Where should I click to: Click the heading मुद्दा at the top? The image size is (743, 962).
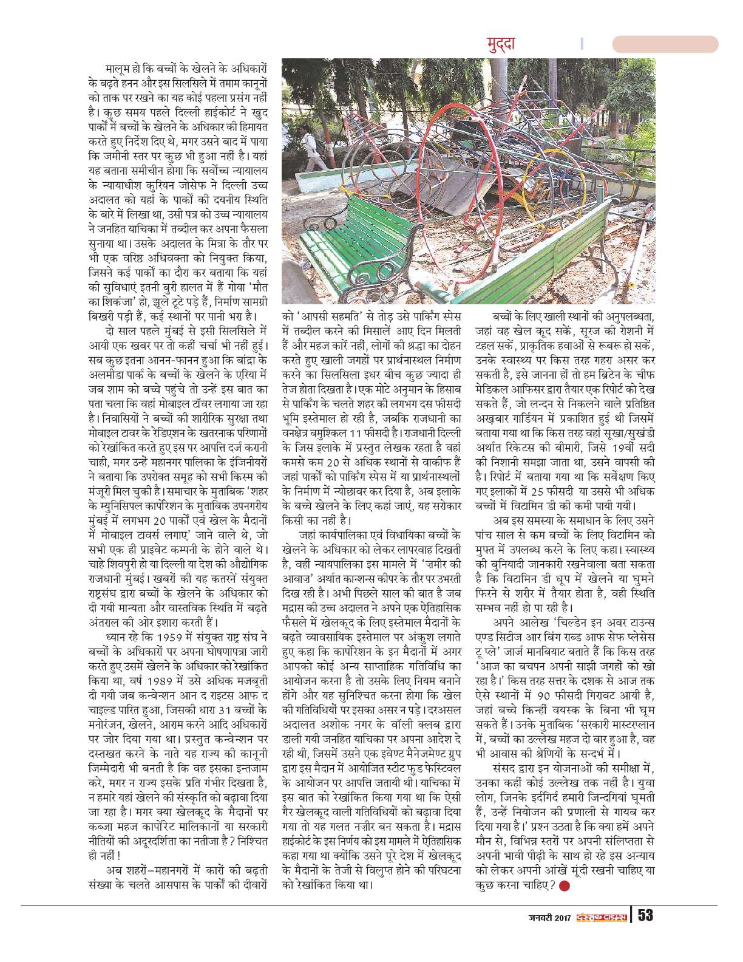coord(501,44)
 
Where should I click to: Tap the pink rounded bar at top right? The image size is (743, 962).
coord(665,44)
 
